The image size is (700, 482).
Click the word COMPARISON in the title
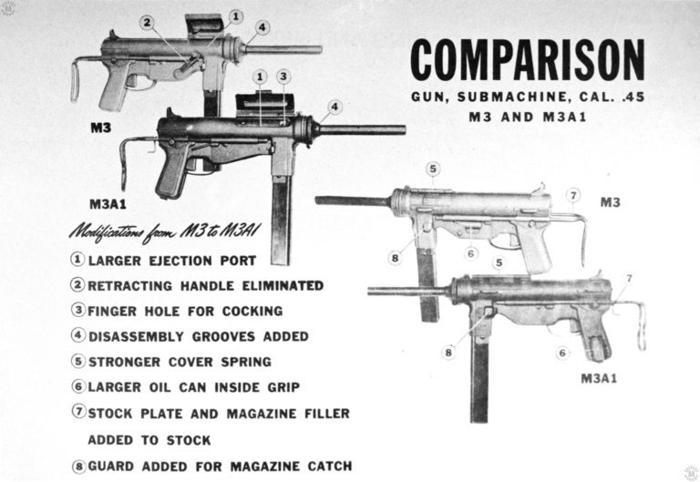[527, 60]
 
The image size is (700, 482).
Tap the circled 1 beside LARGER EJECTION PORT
[79, 260]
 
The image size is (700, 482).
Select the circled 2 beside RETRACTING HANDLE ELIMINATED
[79, 285]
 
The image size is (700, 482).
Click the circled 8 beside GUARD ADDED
[79, 467]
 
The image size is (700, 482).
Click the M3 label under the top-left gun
[100, 128]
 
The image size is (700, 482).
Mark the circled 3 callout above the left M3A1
[284, 77]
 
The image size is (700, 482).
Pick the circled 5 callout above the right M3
[434, 169]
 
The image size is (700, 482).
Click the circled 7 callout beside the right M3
[572, 195]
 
